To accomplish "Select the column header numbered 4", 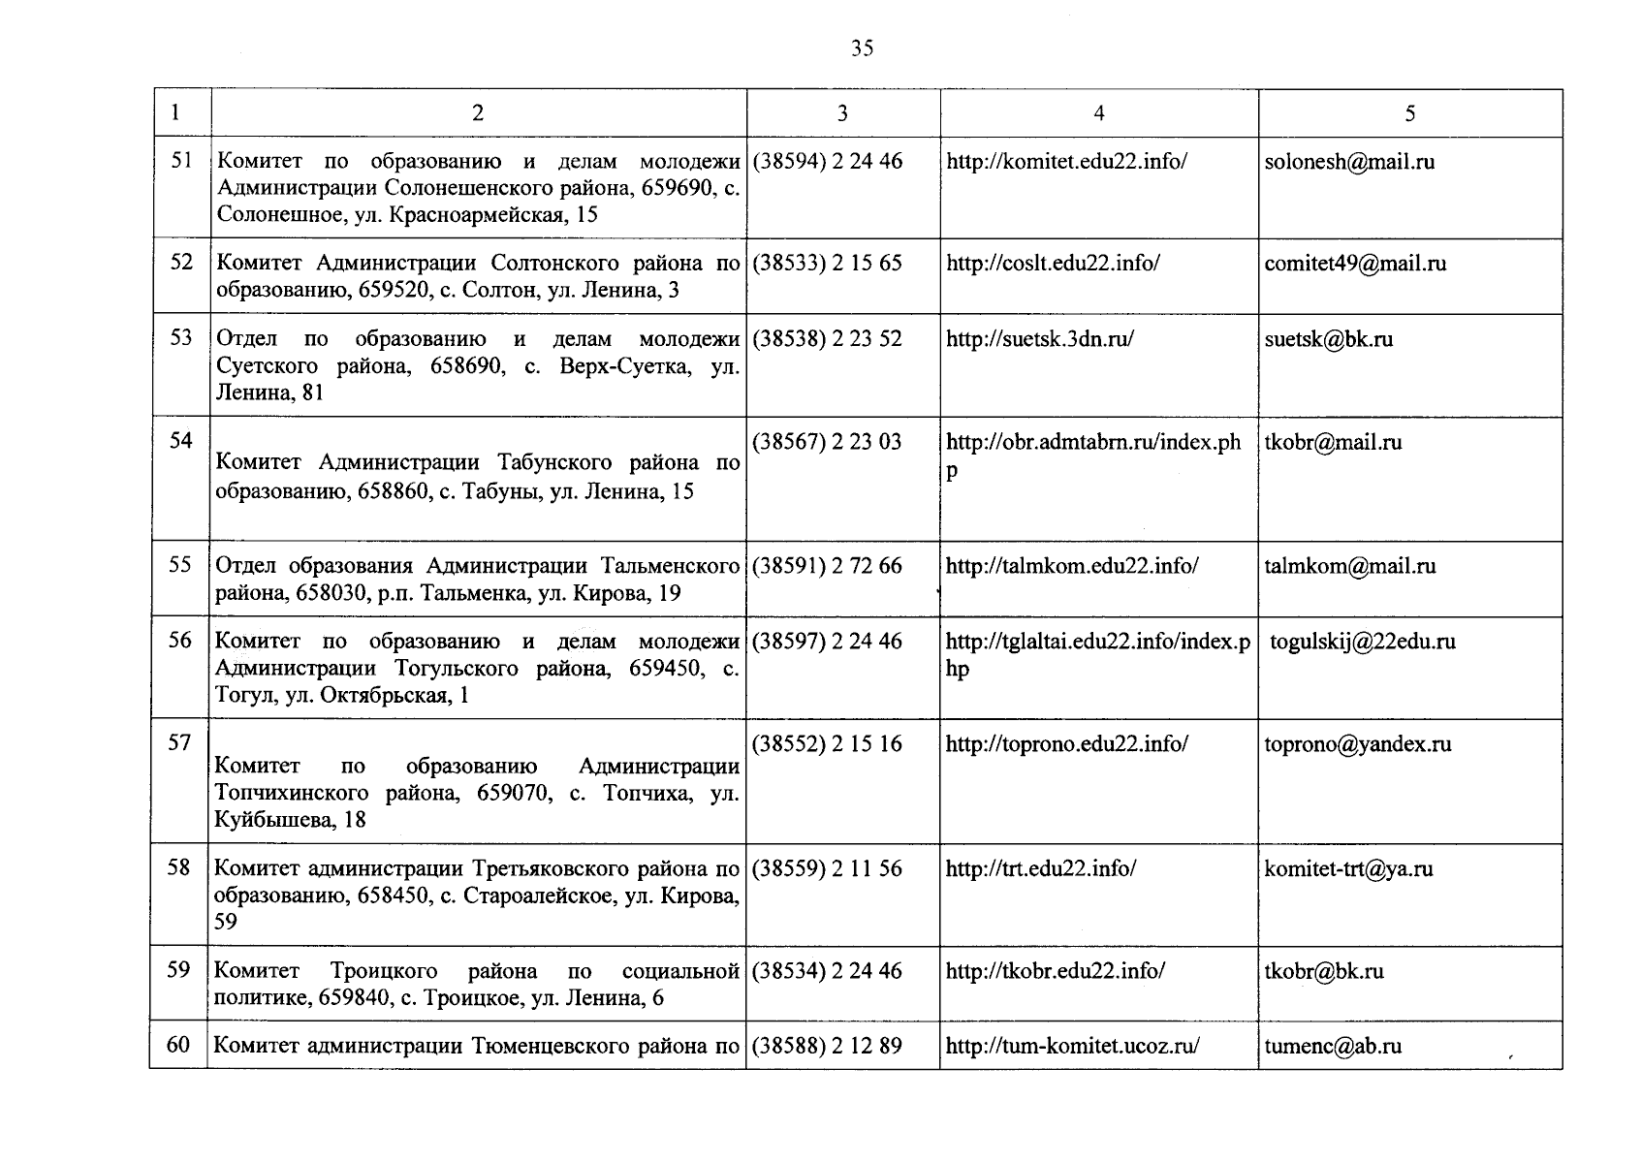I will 1098,113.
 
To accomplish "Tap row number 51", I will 181,160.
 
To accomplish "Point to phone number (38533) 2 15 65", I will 827,264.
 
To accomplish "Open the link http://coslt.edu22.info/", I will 1053,264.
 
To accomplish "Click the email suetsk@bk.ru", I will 1328,339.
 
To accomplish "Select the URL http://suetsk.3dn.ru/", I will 1040,339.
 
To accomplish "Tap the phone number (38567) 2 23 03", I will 827,442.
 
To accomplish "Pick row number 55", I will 180,564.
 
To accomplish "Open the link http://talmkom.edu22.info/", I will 1072,566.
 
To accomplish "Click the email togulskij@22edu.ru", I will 1363,642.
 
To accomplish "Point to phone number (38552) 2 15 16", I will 827,744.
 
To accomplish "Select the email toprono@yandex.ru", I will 1357,744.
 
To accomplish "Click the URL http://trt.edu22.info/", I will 1041,868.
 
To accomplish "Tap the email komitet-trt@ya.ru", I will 1348,868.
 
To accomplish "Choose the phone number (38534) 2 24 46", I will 827,971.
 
